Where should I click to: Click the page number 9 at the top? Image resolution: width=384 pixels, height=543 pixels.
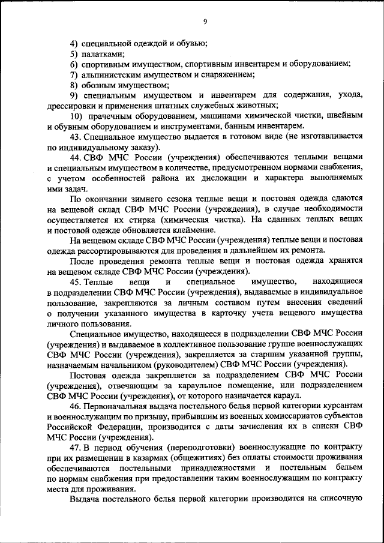(x=205, y=22)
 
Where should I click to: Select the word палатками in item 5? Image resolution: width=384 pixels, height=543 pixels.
(x=100, y=54)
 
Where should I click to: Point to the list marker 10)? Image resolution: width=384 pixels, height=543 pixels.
(x=77, y=116)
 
